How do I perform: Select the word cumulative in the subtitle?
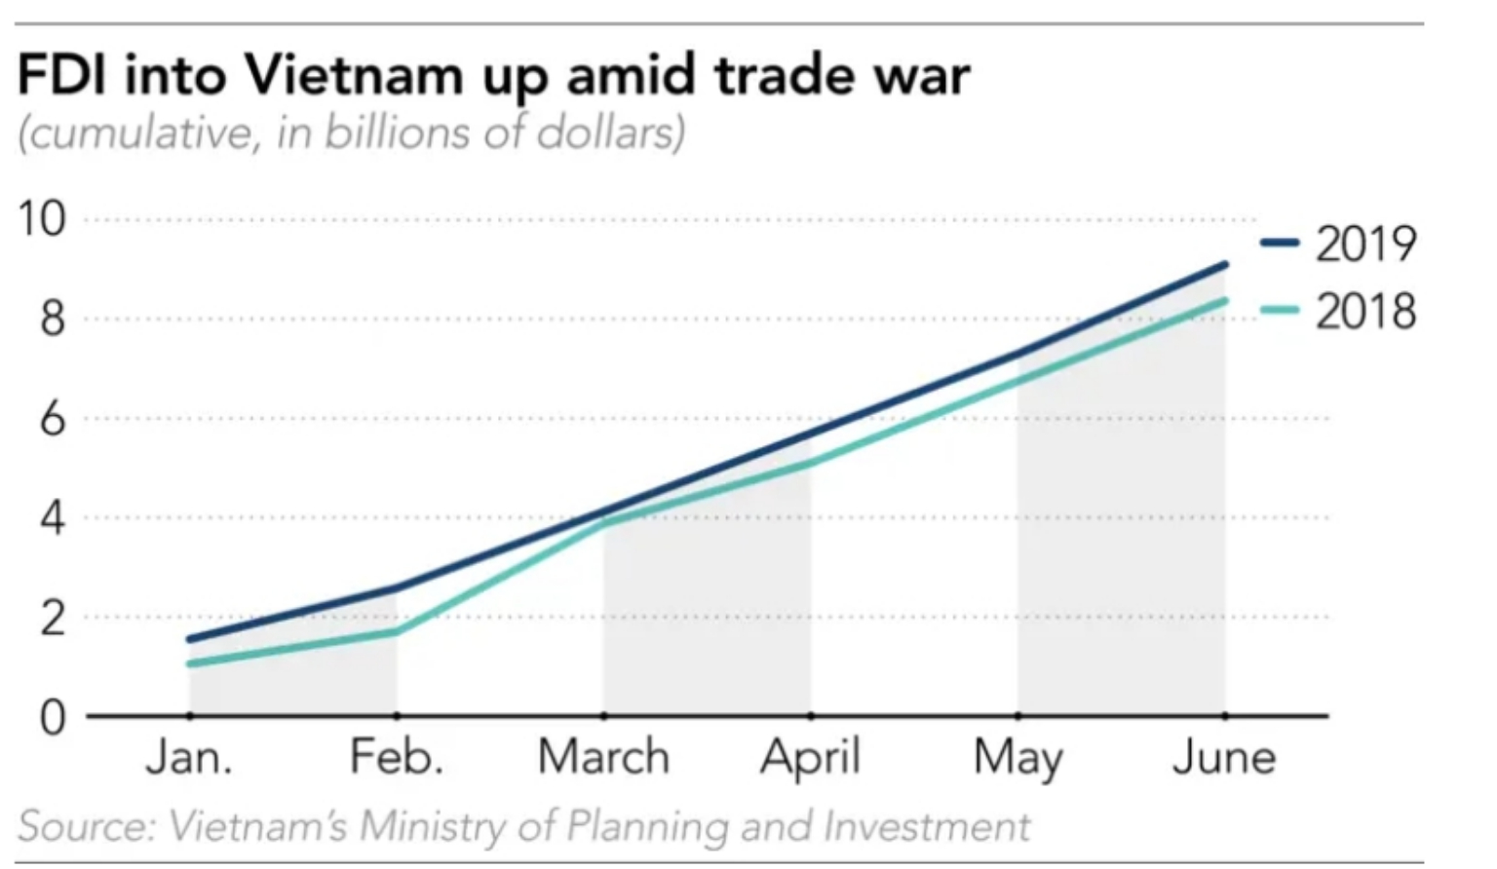point(138,132)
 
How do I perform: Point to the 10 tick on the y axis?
point(41,219)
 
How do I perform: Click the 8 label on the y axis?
point(53,320)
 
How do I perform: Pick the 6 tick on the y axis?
point(53,419)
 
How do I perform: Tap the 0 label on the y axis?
point(53,717)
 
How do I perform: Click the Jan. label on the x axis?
point(189,757)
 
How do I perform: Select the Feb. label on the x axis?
point(397,757)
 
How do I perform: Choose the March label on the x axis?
point(603,757)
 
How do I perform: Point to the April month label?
point(811,757)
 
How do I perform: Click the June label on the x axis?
point(1224,757)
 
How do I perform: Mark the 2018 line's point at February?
point(397,631)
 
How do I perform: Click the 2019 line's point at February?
point(397,587)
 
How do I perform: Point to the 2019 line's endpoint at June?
point(1224,264)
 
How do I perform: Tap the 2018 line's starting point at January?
point(189,664)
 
